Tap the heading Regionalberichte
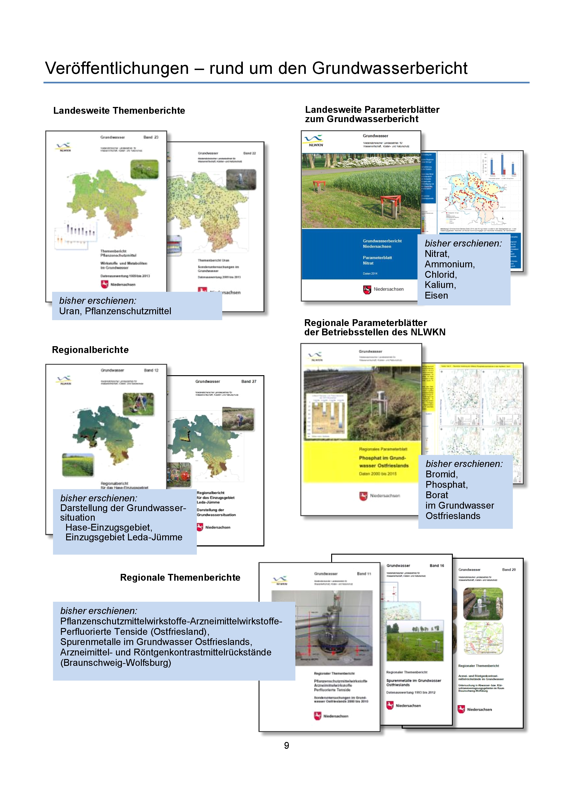click(90, 350)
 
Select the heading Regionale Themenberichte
click(180, 577)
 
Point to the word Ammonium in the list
click(449, 264)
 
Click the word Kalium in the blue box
click(440, 285)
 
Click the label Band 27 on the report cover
click(249, 382)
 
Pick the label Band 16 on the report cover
click(437, 565)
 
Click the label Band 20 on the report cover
click(509, 570)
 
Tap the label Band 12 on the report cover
click(151, 370)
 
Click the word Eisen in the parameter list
click(436, 295)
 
